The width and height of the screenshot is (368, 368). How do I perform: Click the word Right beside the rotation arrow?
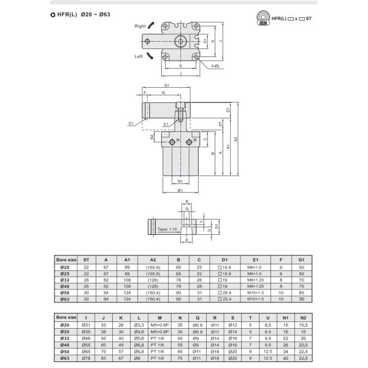click(140, 26)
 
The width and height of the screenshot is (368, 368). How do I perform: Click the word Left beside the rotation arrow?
click(140, 56)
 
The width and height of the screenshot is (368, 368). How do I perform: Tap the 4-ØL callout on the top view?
click(216, 66)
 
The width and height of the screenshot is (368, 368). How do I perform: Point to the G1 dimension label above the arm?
click(166, 86)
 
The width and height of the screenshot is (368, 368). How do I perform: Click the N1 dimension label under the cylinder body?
click(180, 182)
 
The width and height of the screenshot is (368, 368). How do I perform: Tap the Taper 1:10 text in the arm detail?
click(167, 229)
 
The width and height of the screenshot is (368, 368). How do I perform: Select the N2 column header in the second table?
click(303, 317)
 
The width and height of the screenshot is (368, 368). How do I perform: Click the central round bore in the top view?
click(180, 42)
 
